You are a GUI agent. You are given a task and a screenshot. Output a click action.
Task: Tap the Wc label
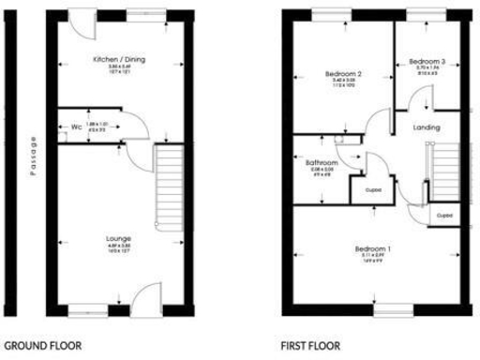pos(75,126)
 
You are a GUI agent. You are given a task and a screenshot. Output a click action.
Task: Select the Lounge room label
pos(118,239)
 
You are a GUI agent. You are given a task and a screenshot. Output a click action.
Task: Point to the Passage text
pos(32,157)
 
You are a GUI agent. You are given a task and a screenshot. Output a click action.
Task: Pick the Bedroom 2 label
pos(343,74)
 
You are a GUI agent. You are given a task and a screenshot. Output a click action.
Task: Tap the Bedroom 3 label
pos(427,62)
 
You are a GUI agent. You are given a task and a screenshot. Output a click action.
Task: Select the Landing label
pos(427,127)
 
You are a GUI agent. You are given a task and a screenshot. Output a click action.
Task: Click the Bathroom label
pos(321,162)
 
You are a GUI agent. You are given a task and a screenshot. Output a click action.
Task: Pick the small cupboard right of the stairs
pos(445,215)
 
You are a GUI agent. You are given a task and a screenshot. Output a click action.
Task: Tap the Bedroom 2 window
pos(329,13)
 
